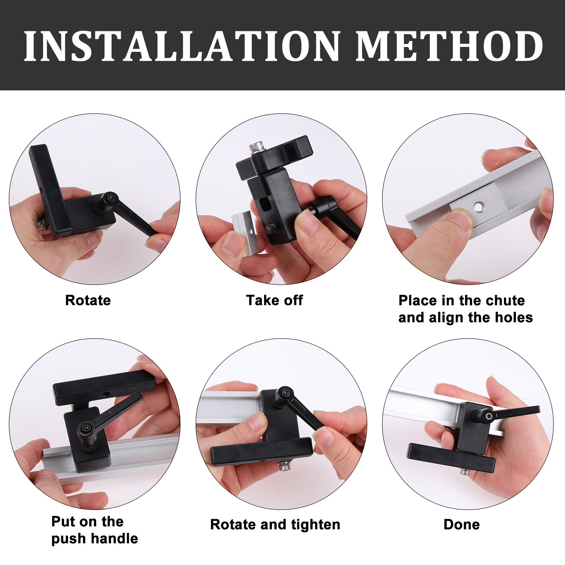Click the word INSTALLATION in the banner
(x=182, y=46)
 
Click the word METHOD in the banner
(x=449, y=46)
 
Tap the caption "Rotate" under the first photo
(x=88, y=301)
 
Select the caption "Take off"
(x=274, y=301)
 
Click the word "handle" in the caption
(x=114, y=539)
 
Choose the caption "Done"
(x=462, y=524)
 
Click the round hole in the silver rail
(x=479, y=207)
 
